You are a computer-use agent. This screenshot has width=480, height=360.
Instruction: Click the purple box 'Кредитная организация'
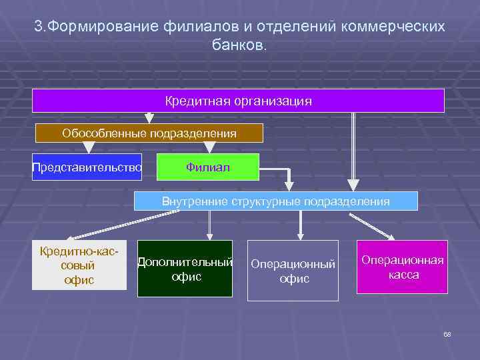[238, 101]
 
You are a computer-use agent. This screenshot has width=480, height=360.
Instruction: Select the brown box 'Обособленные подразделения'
[149, 133]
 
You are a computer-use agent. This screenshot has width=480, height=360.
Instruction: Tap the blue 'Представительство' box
[87, 167]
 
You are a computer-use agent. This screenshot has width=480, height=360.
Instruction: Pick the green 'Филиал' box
[207, 167]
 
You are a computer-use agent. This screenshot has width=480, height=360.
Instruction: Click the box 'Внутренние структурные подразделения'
[275, 201]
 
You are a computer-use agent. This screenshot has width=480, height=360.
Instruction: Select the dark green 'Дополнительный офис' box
[185, 268]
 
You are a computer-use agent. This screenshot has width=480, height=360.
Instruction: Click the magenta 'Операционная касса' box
[402, 267]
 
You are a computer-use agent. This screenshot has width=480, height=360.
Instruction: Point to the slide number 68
[447, 334]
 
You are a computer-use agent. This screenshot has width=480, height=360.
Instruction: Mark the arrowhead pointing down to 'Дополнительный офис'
[210, 235]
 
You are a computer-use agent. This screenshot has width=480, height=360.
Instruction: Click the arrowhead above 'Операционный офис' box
[301, 235]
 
